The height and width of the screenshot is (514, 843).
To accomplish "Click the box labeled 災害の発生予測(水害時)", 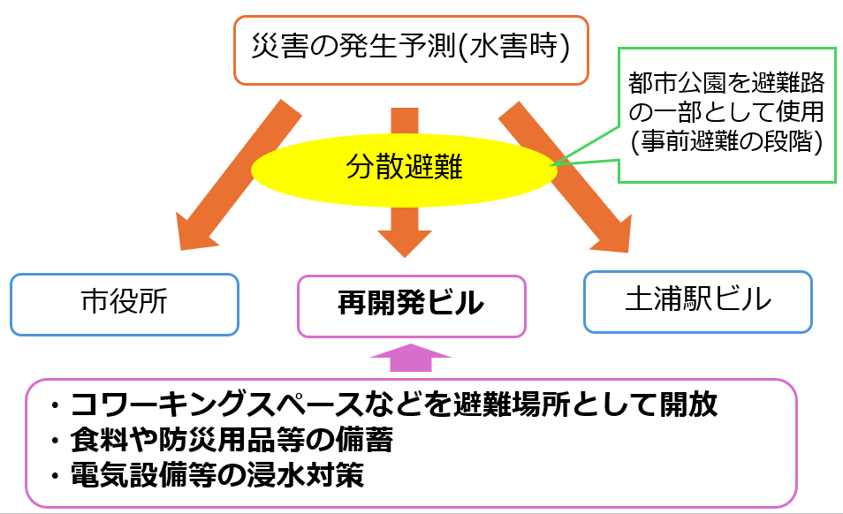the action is pos(411,50).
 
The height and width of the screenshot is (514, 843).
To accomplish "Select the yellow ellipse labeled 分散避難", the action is pos(404,170).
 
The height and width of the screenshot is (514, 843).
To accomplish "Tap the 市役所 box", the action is pos(125,305).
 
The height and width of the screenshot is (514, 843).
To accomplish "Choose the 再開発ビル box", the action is pos(411,306).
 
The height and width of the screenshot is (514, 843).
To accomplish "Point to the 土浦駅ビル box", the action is pos(698,302).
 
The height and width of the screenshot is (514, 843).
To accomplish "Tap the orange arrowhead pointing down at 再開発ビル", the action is pos(405,243).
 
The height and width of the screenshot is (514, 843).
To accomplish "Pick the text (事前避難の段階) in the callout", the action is pos(726,141).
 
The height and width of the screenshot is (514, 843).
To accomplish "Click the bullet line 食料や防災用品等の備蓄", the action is pos(232,440).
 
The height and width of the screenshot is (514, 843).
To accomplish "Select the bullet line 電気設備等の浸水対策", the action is pos(217,475).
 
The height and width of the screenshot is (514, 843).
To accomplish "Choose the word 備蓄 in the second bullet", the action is pos(365,440).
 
